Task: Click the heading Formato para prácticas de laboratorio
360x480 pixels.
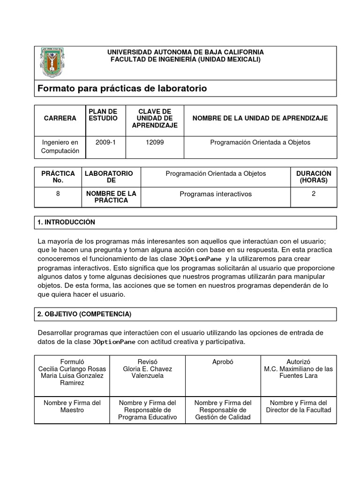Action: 122,89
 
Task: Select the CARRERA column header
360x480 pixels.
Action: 60,119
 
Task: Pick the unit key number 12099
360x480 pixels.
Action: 155,142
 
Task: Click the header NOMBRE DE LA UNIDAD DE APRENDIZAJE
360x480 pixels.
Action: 260,119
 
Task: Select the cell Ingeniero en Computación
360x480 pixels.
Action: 60,147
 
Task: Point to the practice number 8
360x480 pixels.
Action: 58,193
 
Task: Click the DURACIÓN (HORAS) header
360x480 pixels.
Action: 314,177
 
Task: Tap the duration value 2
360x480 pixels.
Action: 314,193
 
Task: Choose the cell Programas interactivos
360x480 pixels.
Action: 216,194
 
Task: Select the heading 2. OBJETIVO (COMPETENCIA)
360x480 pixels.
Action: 84,314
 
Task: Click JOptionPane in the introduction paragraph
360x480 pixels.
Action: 201,259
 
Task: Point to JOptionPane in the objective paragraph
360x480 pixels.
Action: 114,342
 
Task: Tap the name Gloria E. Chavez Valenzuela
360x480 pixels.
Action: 147,372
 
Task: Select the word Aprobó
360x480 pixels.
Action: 223,362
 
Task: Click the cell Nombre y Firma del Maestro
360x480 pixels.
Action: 72,406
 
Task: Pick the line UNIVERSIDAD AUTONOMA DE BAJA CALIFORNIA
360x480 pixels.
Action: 186,52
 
